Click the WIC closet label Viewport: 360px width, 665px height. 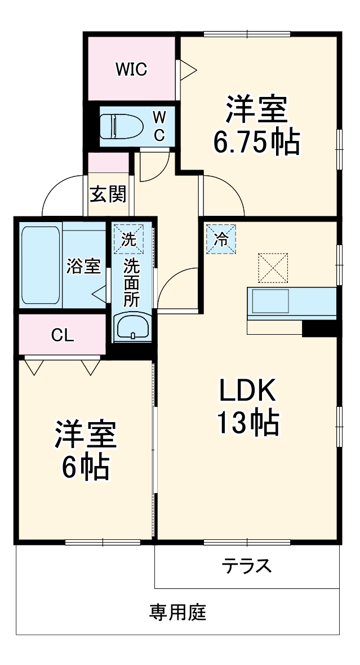pos(131,69)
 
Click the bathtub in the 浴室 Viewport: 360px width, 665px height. pos(41,265)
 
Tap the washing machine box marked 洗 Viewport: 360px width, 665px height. pos(129,239)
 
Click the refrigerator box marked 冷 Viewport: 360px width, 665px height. pos(221,239)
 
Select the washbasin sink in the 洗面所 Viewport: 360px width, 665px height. pos(133,327)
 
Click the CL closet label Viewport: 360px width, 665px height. pos(63,335)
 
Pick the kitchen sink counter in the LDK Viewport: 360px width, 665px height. pos(292,303)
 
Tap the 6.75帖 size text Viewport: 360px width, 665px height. pos(256,143)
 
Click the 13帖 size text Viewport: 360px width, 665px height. pos(248,423)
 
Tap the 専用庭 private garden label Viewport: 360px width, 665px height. pos(177,612)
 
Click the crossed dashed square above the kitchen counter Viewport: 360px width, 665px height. pos(273,268)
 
